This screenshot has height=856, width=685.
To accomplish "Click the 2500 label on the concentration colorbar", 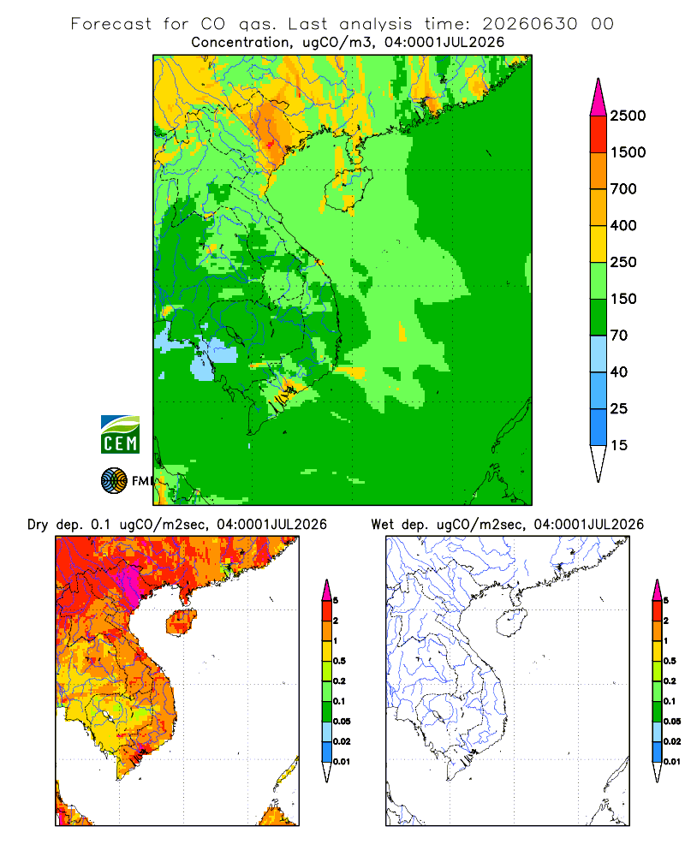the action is (628, 116).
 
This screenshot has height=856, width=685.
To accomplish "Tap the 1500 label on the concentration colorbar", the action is (628, 152).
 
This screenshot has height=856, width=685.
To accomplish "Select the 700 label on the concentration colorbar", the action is (623, 189).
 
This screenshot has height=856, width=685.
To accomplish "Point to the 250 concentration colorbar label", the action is (623, 262).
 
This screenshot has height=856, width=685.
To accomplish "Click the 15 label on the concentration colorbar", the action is (619, 445).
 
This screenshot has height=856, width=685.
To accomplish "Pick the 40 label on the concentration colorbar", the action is (619, 372).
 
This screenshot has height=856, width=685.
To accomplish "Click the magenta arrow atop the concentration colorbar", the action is (599, 98).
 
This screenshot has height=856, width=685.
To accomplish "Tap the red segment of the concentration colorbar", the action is (599, 134).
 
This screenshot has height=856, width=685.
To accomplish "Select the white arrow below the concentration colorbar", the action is (599, 463).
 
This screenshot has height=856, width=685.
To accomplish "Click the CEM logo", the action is (120, 435).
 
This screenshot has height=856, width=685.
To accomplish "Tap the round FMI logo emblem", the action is (114, 481).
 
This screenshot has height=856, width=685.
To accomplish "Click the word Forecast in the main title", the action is (111, 24).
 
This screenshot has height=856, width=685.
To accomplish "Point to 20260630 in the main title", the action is (530, 24).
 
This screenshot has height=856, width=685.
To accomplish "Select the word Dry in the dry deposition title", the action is (38, 526).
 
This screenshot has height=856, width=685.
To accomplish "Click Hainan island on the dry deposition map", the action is (181, 621).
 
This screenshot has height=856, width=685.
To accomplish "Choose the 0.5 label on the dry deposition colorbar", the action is (339, 661).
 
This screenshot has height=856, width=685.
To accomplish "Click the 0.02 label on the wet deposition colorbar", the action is (672, 741).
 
